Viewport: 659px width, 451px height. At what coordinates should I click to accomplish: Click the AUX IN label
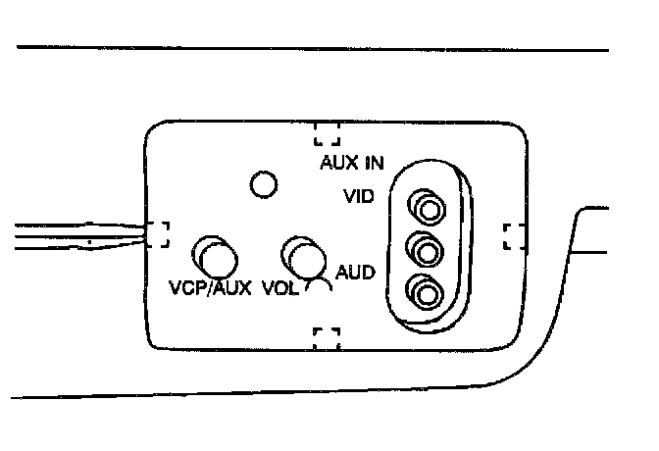(351, 163)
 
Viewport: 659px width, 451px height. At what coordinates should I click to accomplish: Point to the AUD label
(354, 272)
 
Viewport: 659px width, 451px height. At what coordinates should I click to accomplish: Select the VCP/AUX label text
(210, 289)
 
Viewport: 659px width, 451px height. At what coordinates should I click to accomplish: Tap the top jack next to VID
(427, 209)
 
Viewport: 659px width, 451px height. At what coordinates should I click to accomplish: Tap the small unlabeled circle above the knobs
(263, 182)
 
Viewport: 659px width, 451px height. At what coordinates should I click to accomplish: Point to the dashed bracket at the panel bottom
(326, 337)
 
